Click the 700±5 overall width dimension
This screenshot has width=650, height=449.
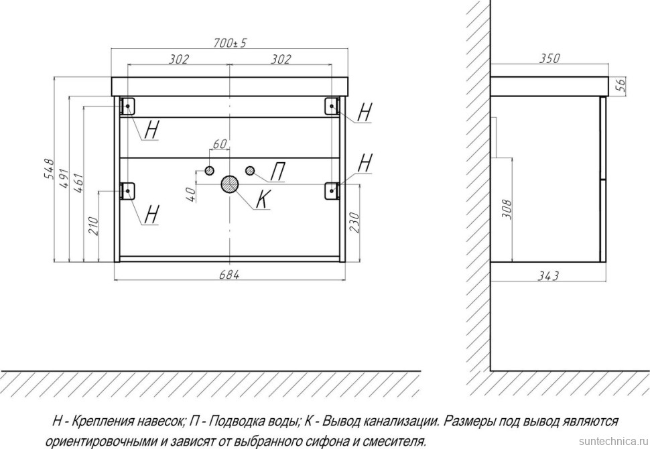click(231, 43)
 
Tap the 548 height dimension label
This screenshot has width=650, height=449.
click(48, 170)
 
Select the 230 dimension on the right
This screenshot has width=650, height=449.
click(355, 220)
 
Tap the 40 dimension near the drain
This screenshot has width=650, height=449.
click(190, 194)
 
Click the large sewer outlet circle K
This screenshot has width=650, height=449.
click(230, 184)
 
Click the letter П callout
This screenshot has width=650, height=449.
click(277, 174)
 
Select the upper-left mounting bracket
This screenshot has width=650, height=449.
click(127, 106)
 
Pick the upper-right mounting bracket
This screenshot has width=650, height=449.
click(332, 106)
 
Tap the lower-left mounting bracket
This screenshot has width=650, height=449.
click(127, 190)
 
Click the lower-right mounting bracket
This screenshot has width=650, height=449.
click(332, 190)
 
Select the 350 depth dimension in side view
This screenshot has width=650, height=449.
click(549, 59)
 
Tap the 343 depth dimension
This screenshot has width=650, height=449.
click(549, 274)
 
